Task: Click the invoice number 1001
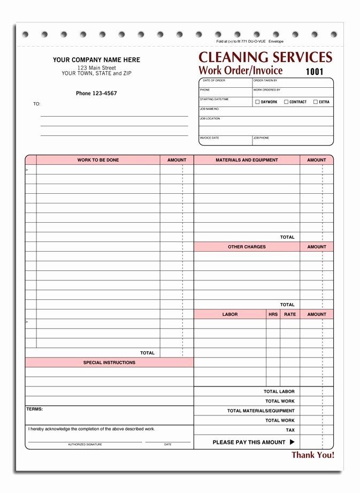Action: pos(315,71)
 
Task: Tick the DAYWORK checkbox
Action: pos(257,102)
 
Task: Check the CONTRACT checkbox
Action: pos(286,102)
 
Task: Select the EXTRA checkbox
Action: pos(316,102)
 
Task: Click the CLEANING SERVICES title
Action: pos(265,57)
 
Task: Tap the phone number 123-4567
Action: pos(96,93)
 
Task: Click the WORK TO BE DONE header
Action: pos(98,160)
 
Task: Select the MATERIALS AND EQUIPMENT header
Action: pos(247,160)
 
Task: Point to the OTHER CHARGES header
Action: pos(247,247)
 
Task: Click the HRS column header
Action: pos(273,314)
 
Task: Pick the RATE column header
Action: pos(289,314)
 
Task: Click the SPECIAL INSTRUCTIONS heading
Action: pos(109,362)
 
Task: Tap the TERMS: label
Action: pos(35,409)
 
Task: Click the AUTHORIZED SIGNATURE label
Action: pos(85,444)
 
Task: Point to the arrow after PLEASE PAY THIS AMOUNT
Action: pos(292,442)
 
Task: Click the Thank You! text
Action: pos(313,455)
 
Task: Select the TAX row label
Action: pos(290,430)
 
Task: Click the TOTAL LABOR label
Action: pos(279,391)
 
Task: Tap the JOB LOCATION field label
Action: pos(210,119)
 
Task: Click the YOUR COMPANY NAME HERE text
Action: pos(96,60)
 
